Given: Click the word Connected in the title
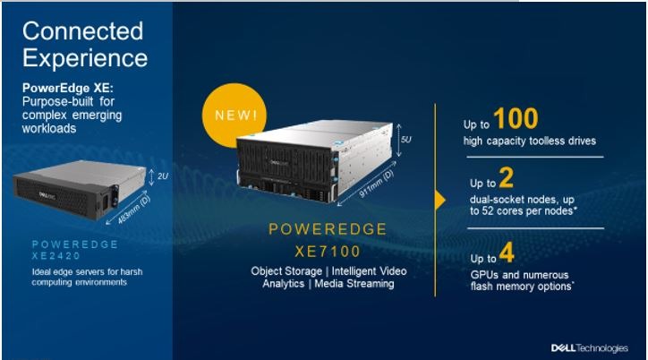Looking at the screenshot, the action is click(82, 31).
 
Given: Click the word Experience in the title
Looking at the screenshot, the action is click(85, 58).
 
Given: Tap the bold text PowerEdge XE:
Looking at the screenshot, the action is click(68, 88).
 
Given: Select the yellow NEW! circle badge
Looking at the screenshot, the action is click(234, 116).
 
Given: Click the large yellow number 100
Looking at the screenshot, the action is click(516, 118).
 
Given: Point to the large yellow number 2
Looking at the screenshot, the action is click(507, 177).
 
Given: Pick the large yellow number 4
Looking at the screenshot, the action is click(507, 253).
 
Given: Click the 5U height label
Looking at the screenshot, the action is click(405, 140).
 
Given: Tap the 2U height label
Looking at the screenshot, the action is click(163, 176).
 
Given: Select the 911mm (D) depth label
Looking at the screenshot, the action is click(376, 184).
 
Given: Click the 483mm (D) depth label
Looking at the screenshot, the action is click(134, 210).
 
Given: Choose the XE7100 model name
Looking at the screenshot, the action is click(328, 252).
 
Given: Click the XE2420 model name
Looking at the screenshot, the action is click(56, 256).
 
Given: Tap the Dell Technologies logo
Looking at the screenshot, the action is click(589, 348).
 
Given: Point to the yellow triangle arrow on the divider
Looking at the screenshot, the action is click(440, 201).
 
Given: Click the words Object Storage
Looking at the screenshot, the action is click(286, 271).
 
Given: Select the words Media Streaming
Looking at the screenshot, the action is click(354, 284).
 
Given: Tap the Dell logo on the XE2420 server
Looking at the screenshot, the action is click(47, 195).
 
